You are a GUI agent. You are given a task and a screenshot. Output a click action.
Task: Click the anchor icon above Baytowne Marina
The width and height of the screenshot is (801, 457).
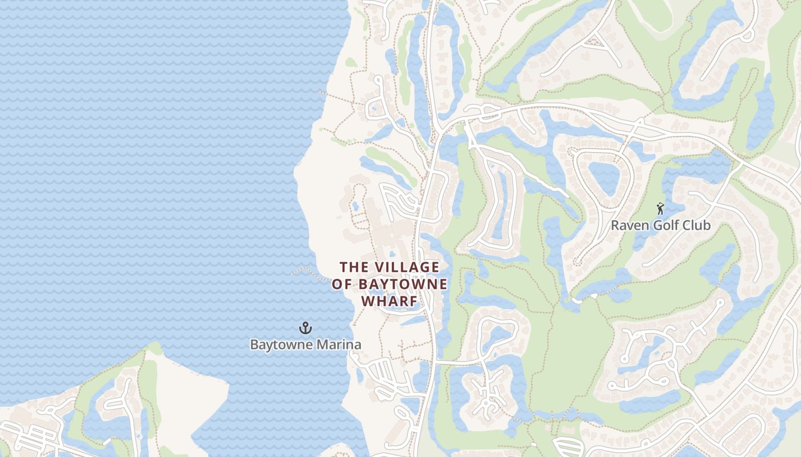click(306, 328)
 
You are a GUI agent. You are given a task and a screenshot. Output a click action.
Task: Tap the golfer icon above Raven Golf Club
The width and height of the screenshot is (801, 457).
click(661, 209)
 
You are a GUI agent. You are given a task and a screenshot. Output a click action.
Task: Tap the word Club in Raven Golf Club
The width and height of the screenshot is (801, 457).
click(697, 225)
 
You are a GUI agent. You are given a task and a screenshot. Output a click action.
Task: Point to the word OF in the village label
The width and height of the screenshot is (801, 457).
click(342, 284)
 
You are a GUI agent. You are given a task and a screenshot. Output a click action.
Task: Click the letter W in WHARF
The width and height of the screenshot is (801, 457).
click(367, 301)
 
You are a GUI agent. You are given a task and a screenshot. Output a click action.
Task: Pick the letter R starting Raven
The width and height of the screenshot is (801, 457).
click(616, 225)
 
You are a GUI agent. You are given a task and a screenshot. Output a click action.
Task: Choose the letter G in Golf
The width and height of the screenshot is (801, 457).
click(657, 225)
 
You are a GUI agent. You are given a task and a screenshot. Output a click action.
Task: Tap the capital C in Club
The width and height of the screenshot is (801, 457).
click(687, 225)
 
